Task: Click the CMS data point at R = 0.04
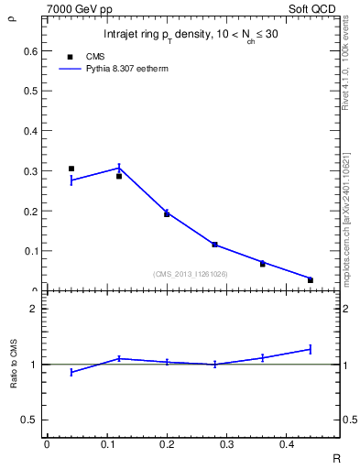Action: tap(71, 169)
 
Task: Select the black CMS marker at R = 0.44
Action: tap(311, 280)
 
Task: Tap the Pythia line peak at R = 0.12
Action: tap(119, 168)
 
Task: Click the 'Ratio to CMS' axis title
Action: tap(13, 365)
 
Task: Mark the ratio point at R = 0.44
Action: tap(311, 349)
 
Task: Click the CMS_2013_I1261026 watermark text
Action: tap(191, 274)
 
